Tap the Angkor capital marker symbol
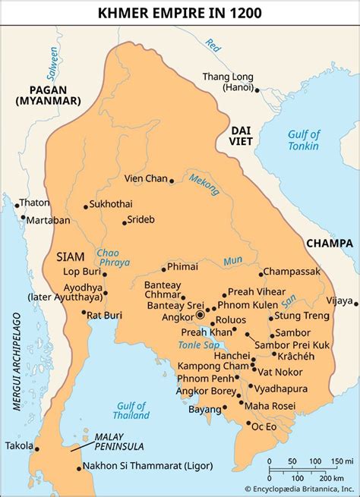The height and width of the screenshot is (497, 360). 200,314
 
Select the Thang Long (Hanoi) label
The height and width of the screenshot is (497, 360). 227,81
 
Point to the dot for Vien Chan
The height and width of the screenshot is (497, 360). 172,181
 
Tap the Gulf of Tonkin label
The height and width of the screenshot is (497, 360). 303,140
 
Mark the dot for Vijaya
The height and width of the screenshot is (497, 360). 355,302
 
